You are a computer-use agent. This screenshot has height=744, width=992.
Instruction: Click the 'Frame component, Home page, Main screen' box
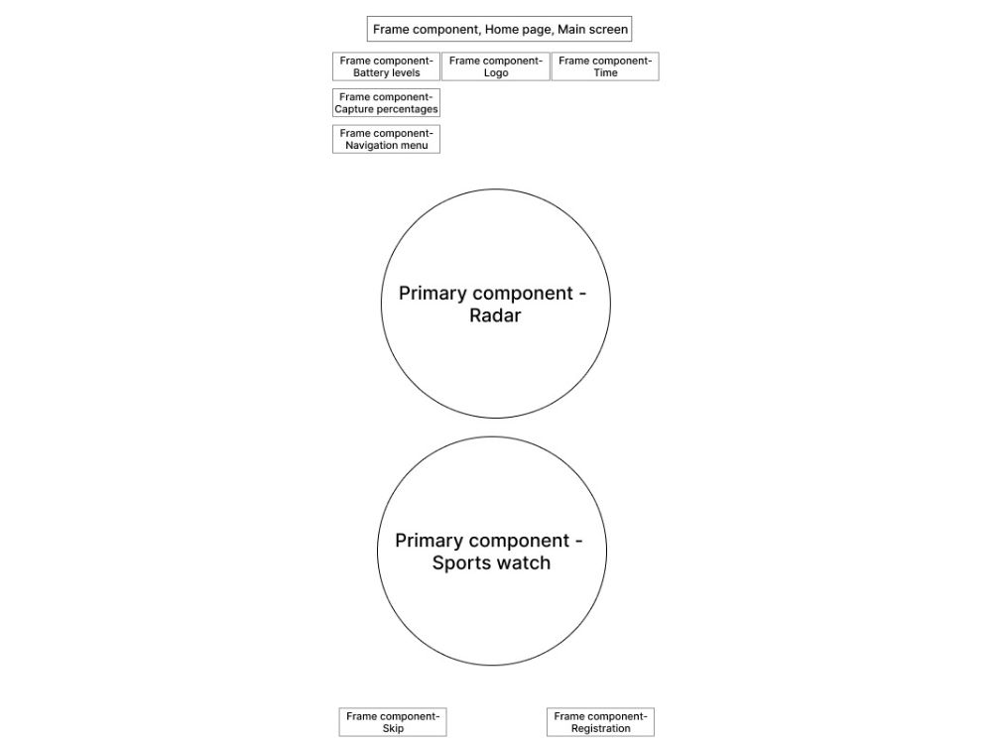pyautogui.click(x=499, y=29)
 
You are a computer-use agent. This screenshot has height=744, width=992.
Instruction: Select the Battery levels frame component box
pyautogui.click(x=386, y=66)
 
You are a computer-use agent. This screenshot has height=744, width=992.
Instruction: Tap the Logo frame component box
pyautogui.click(x=495, y=66)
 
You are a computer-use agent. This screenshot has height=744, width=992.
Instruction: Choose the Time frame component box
pyautogui.click(x=605, y=66)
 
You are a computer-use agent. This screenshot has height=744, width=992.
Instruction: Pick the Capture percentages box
pyautogui.click(x=386, y=102)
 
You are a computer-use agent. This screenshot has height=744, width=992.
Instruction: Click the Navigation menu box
pyautogui.click(x=386, y=139)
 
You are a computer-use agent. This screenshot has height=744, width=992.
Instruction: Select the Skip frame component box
pyautogui.click(x=392, y=722)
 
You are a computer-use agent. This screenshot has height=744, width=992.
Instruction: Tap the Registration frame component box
pyautogui.click(x=600, y=722)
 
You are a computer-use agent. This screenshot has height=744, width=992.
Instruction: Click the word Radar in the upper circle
pyautogui.click(x=495, y=315)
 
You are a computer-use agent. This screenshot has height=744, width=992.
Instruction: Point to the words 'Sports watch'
pyautogui.click(x=491, y=562)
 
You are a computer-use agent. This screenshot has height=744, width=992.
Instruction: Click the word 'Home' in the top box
pyautogui.click(x=501, y=29)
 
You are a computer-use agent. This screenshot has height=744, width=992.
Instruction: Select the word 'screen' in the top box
pyautogui.click(x=608, y=29)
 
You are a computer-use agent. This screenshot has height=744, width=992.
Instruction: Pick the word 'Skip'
pyautogui.click(x=392, y=729)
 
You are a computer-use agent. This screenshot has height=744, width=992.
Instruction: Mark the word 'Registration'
pyautogui.click(x=600, y=729)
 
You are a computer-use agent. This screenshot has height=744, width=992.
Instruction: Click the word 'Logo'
pyautogui.click(x=495, y=73)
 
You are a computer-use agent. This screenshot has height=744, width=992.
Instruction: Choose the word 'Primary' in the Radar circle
pyautogui.click(x=429, y=294)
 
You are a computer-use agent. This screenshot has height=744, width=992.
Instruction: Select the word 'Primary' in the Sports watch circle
pyautogui.click(x=425, y=541)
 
